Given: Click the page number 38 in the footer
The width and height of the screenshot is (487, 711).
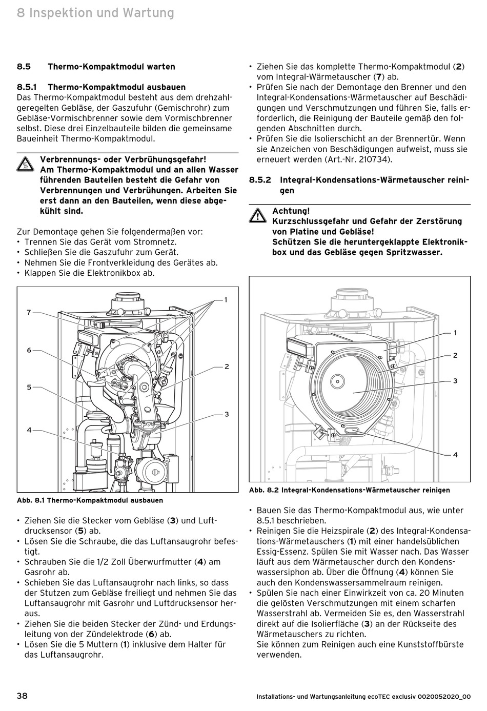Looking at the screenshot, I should click(23, 696).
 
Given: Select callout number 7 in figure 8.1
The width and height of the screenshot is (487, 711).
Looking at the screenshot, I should click(29, 312).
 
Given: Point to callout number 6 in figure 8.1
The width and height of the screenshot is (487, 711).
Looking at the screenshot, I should click(29, 350).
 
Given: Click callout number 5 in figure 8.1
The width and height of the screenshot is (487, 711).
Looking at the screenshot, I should click(29, 388).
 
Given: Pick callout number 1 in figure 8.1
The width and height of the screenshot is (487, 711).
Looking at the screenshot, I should click(225, 300).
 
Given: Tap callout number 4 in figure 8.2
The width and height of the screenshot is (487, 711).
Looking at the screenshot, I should click(455, 455).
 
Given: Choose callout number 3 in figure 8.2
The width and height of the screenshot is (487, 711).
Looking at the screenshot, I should click(455, 381).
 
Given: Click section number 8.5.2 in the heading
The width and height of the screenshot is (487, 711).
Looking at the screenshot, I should click(260, 180).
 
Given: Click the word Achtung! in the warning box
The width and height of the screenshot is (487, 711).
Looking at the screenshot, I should click(291, 211).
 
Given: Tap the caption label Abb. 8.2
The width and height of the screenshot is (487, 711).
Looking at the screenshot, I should click(264, 490).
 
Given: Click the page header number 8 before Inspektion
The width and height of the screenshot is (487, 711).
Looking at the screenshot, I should click(21, 12).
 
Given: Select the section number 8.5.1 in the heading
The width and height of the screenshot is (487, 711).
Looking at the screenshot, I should click(27, 87).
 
